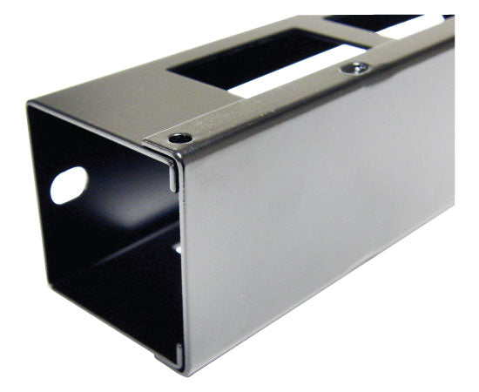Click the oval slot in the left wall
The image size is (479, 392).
pyautogui.click(x=69, y=185)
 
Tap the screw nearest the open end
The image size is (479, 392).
pyautogui.click(x=180, y=138)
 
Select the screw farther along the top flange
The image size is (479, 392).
pyautogui.click(x=354, y=67)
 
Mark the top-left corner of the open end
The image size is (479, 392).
pyautogui.click(x=30, y=105)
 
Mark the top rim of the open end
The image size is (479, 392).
pyautogui.click(x=96, y=122)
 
